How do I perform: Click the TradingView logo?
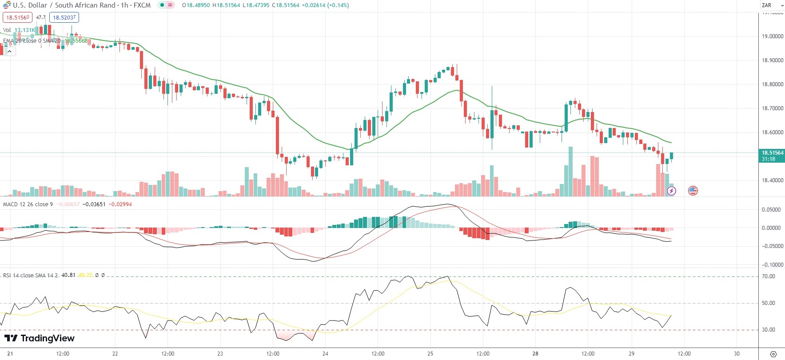click(x=40, y=338)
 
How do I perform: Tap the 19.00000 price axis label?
click(x=773, y=36)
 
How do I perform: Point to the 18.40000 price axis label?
click(x=773, y=180)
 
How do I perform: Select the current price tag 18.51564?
click(x=773, y=153)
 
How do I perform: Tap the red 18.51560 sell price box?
click(x=17, y=18)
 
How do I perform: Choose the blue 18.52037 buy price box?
click(x=64, y=18)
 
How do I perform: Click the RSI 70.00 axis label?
click(x=768, y=276)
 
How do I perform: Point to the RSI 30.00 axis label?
click(x=768, y=330)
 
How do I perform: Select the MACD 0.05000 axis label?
click(x=771, y=210)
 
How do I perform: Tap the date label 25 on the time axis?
click(x=430, y=354)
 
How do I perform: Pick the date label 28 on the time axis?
click(x=535, y=354)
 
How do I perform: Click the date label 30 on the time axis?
click(x=737, y=354)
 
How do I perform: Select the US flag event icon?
click(x=693, y=191)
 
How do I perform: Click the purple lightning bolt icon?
click(x=672, y=191)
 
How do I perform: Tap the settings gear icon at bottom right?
click(x=773, y=354)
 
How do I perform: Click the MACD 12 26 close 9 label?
click(x=28, y=204)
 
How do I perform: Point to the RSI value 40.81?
click(x=68, y=275)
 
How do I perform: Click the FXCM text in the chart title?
click(x=142, y=5)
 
